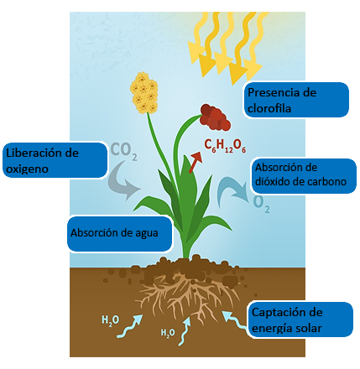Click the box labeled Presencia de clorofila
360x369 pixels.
click(x=296, y=100)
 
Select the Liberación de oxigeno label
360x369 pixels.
click(x=55, y=160)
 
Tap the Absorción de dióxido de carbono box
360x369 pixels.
click(x=304, y=176)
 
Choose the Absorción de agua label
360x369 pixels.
click(x=119, y=234)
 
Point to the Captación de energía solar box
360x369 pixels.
click(x=300, y=320)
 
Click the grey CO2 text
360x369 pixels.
click(x=123, y=151)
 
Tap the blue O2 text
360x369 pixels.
click(x=261, y=204)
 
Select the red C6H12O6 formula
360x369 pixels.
click(x=225, y=146)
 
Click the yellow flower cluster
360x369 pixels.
click(x=143, y=93)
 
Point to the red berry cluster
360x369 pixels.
click(x=216, y=117)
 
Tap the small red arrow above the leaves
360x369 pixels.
click(x=196, y=163)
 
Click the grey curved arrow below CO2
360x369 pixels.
click(x=123, y=180)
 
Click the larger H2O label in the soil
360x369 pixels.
click(x=110, y=320)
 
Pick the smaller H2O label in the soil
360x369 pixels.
click(x=168, y=333)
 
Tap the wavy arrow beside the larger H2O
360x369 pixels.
click(x=129, y=326)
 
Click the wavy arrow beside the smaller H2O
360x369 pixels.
click(x=185, y=331)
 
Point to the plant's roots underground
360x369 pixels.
click(x=186, y=296)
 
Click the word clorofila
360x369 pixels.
click(x=269, y=108)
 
